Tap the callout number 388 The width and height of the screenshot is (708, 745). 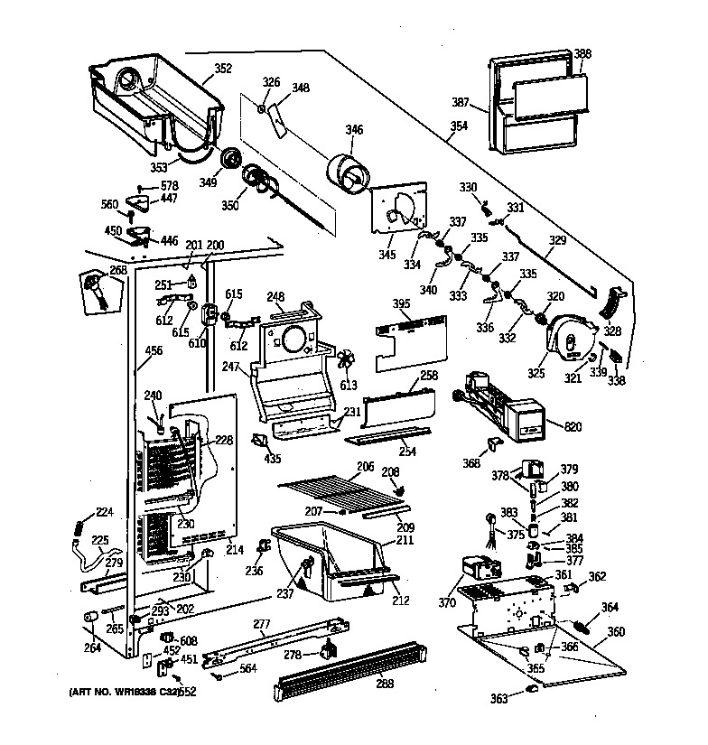point(582,53)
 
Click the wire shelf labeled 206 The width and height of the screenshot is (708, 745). point(339,492)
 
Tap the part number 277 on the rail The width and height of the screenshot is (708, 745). point(262,623)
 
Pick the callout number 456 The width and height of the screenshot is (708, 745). point(154,350)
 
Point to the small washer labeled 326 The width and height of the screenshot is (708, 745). point(260,110)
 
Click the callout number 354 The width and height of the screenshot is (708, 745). point(460,126)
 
